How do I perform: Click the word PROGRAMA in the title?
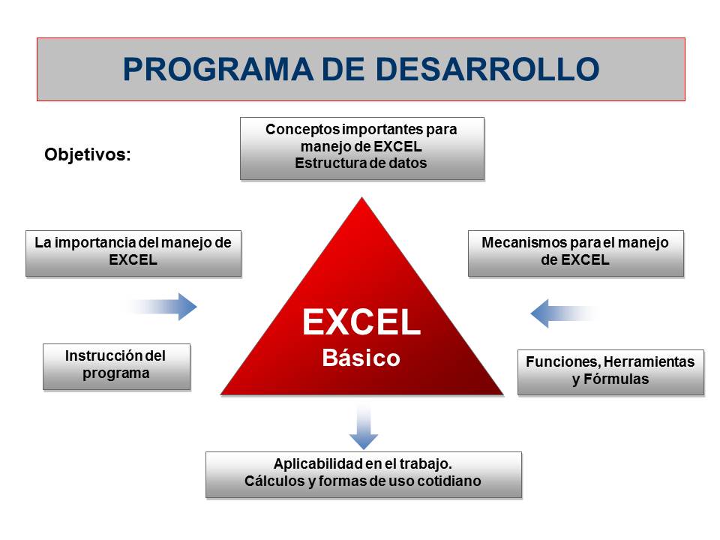[x=218, y=69]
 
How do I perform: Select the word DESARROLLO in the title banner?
[x=487, y=69]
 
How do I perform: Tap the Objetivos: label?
[x=88, y=154]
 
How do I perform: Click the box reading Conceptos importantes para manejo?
[x=362, y=148]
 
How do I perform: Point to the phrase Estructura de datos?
[x=361, y=163]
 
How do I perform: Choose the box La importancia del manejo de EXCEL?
[x=133, y=253]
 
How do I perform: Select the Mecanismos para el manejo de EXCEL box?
[x=576, y=253]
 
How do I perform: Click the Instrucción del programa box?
[x=117, y=367]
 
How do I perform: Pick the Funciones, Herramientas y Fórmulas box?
[x=610, y=373]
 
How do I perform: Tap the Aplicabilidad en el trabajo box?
[x=364, y=475]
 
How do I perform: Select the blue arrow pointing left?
[x=565, y=313]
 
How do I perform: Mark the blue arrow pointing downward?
[x=364, y=427]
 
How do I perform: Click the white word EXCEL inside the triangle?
[x=361, y=322]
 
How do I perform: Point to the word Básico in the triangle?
[x=361, y=358]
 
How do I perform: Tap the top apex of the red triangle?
[x=361, y=198]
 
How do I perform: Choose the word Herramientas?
[x=649, y=361]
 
